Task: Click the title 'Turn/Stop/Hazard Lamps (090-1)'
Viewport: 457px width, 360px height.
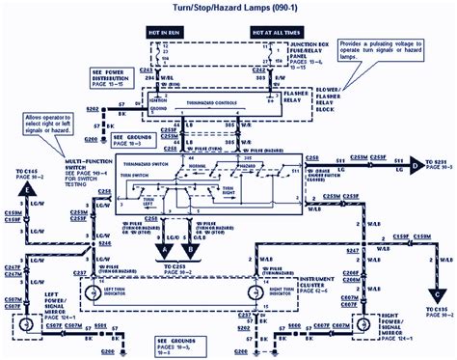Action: pyautogui.click(x=228, y=9)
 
